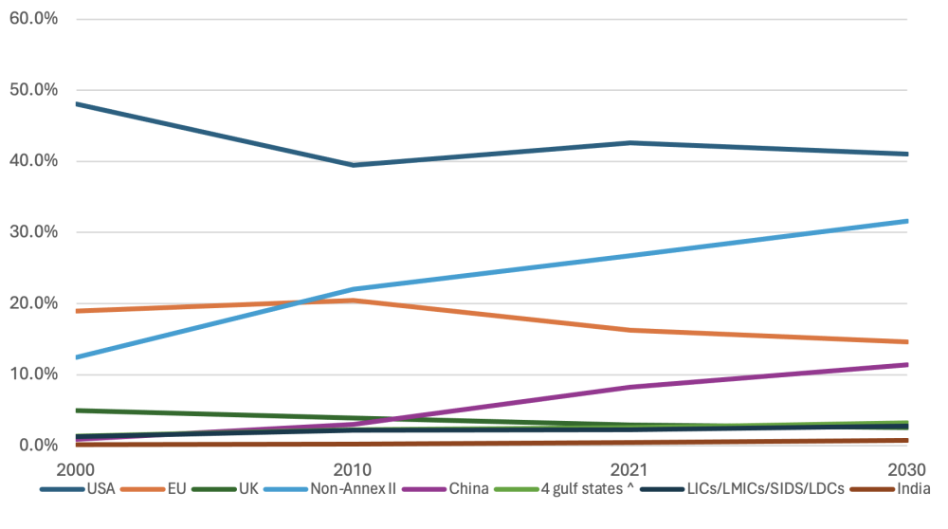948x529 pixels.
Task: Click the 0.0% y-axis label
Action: (x=38, y=446)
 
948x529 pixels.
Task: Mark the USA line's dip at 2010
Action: (x=354, y=165)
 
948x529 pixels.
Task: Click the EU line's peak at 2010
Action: (x=354, y=301)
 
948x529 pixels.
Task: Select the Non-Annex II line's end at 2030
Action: (x=907, y=221)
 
